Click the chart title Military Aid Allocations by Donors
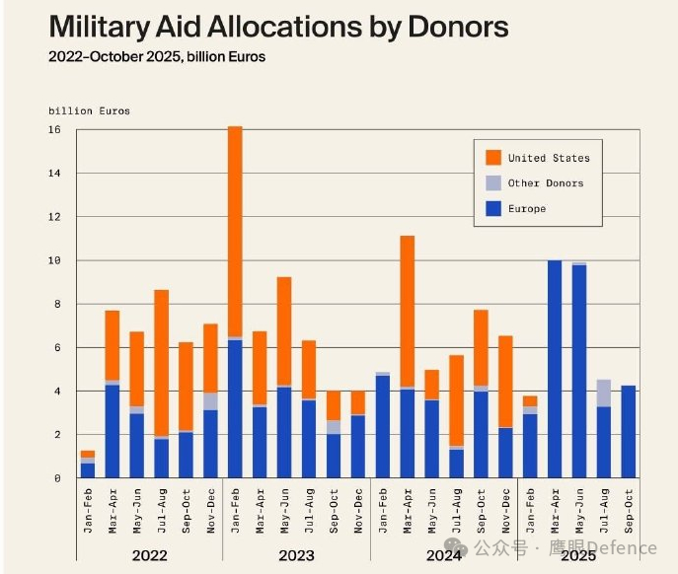click(x=278, y=27)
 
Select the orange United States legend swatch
click(x=493, y=158)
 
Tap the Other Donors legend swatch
click(x=493, y=183)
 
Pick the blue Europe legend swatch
click(x=493, y=209)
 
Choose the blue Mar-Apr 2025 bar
click(x=555, y=370)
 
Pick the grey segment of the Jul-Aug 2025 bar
click(x=603, y=393)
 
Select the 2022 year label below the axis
click(x=149, y=555)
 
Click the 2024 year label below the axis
click(x=443, y=555)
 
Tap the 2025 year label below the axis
click(x=578, y=555)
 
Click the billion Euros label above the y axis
click(x=89, y=110)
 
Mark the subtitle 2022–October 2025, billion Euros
click(x=157, y=57)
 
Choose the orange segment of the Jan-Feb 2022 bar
click(x=88, y=454)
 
